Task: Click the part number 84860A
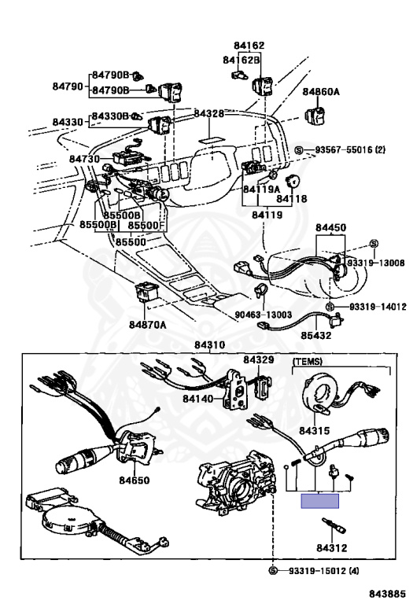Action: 321,92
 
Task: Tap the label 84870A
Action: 148,325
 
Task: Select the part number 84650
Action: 134,480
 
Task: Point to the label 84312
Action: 332,547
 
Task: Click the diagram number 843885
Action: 388,593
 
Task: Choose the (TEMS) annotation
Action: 308,361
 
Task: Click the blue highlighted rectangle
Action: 319,501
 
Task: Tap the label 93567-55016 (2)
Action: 350,150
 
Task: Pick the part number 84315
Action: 315,430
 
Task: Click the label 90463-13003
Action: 263,315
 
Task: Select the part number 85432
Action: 316,335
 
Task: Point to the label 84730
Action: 84,159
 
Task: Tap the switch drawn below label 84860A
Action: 315,116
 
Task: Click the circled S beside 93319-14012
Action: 330,307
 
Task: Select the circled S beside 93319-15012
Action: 272,570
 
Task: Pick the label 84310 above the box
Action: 209,344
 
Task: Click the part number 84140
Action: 197,398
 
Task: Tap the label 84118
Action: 292,198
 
